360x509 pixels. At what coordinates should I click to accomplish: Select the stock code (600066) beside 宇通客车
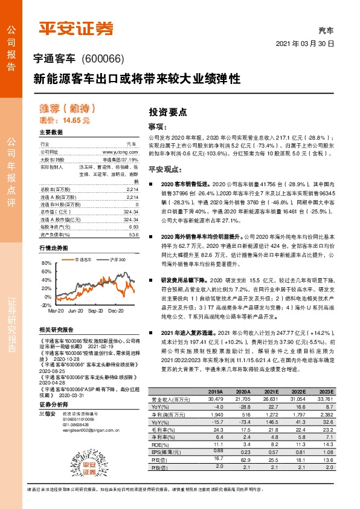pyautogui.click(x=102, y=59)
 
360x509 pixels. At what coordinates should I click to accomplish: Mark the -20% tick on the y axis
pyautogui.click(x=46, y=306)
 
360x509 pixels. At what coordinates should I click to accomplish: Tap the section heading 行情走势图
pyautogui.click(x=54, y=248)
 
